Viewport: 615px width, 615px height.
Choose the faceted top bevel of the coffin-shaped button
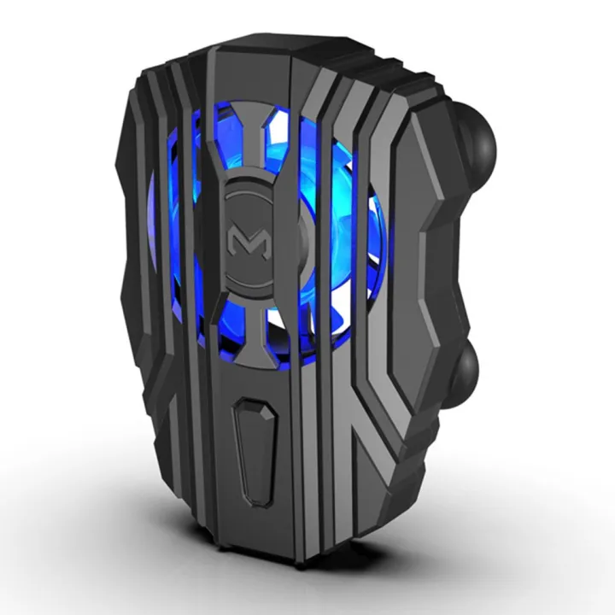pos(256,407)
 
